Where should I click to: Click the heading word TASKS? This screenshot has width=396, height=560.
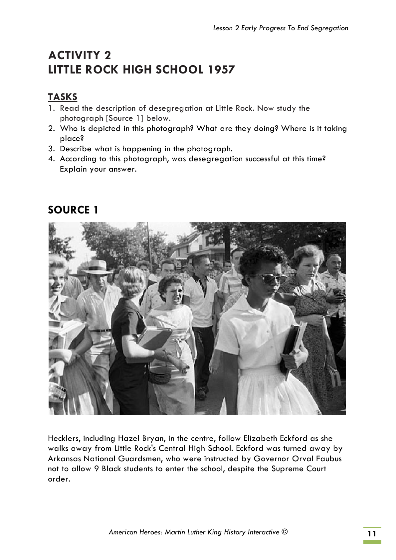click(x=63, y=97)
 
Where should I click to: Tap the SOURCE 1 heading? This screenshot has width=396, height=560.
click(x=73, y=210)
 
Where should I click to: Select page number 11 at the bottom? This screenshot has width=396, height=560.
click(x=372, y=534)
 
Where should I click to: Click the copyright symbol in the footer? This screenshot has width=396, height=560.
click(x=285, y=531)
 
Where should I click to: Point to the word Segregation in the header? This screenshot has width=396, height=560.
click(x=329, y=28)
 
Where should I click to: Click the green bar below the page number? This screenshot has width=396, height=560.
click(x=372, y=542)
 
